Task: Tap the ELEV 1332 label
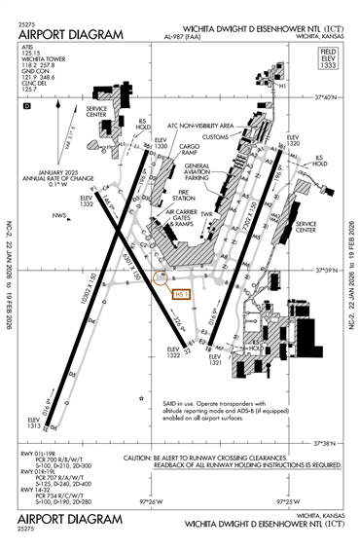click(x=87, y=202)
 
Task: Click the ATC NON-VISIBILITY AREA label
click(x=199, y=126)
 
